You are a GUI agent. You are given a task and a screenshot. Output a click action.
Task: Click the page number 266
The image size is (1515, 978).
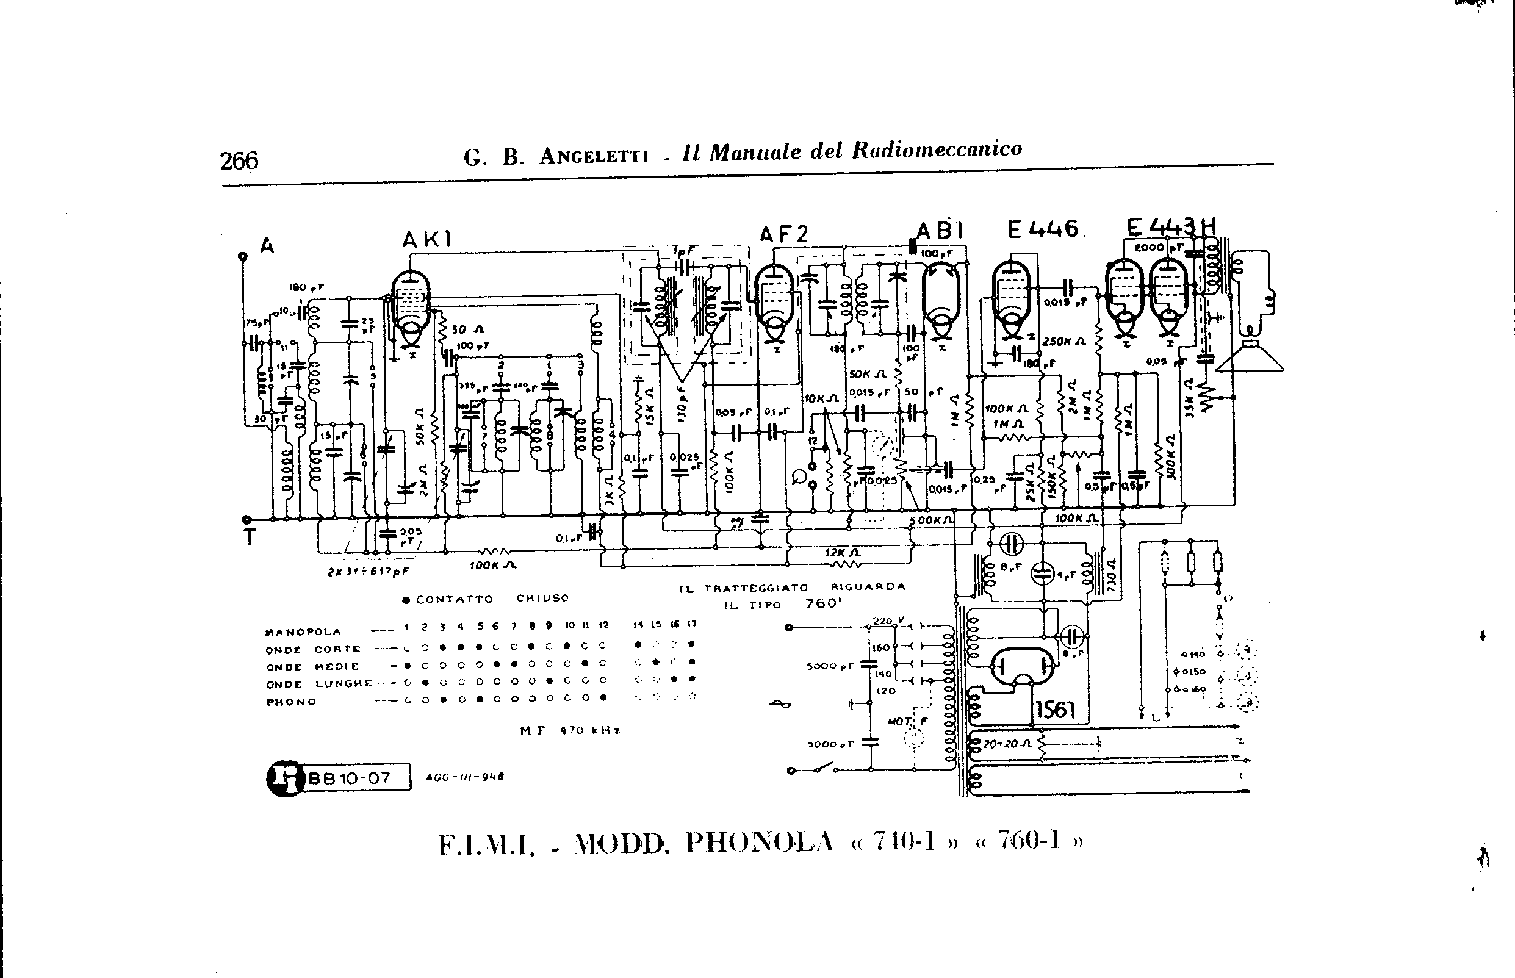239,161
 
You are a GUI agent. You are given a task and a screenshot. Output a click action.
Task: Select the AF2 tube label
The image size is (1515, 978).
784,234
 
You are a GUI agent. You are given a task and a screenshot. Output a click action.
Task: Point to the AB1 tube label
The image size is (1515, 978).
941,230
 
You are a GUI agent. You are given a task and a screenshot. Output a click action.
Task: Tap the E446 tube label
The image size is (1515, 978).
1043,229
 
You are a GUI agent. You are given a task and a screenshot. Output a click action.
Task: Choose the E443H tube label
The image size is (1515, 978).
1171,228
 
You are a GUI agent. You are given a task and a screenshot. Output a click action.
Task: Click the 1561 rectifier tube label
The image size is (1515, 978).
1055,710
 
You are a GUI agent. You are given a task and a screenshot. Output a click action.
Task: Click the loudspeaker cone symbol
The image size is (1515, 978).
1250,358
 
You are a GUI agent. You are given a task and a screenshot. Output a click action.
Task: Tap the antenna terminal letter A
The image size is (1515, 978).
267,245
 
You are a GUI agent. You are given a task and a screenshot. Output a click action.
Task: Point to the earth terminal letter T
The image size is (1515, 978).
250,538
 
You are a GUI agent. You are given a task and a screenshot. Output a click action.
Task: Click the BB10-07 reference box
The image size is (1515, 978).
358,778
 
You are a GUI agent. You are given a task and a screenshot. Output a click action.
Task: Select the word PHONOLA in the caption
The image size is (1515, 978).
759,842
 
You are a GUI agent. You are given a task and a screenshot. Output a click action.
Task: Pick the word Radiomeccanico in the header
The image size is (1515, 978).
937,150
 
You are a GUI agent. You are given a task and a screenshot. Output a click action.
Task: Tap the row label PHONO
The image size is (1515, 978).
291,702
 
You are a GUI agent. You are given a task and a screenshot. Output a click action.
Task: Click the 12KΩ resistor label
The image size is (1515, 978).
843,553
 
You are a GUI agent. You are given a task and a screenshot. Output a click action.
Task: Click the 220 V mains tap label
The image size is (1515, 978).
883,620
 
